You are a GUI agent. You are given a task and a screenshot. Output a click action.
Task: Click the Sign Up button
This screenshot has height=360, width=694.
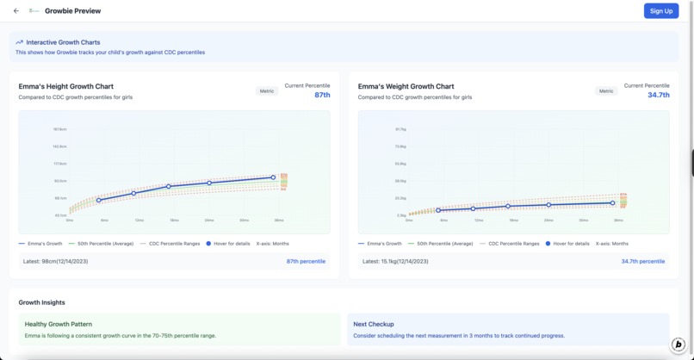coord(660,11)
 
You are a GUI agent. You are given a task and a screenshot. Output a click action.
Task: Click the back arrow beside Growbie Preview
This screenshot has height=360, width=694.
coord(16,11)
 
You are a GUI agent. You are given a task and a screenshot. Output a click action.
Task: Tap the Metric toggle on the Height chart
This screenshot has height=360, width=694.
coord(267,90)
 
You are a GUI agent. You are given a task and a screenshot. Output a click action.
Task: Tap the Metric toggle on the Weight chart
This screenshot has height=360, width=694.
coord(606,90)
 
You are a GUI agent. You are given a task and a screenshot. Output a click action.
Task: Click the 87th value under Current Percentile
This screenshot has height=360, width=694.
coord(322,95)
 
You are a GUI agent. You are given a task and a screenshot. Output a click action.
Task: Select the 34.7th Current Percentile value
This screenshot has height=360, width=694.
coord(658,95)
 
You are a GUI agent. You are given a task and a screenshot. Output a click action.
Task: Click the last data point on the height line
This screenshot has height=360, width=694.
coord(274,177)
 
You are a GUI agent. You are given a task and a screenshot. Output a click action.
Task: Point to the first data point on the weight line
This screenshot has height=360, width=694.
coord(438,210)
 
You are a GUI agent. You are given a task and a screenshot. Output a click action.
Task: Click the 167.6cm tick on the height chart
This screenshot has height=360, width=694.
coord(59,129)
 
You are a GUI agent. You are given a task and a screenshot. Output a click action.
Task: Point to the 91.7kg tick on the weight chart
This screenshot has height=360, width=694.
coord(400,129)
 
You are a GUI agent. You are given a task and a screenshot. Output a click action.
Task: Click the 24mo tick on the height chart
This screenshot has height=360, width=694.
coord(209,220)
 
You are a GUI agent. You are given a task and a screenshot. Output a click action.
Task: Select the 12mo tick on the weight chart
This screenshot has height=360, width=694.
coord(479,220)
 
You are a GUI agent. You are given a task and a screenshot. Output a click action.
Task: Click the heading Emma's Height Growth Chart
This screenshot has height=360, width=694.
coord(65,86)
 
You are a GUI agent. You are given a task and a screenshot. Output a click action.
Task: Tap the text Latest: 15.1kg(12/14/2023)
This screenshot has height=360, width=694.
coord(395,261)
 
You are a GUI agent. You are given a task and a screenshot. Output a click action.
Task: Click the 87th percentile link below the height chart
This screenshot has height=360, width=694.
coord(306,261)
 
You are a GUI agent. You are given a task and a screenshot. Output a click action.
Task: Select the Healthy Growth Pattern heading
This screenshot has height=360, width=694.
coord(59,324)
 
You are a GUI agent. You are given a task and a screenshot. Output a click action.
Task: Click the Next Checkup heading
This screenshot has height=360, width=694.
coord(373,324)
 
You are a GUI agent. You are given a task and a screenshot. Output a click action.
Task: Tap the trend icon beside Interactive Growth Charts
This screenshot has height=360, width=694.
coord(19,42)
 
